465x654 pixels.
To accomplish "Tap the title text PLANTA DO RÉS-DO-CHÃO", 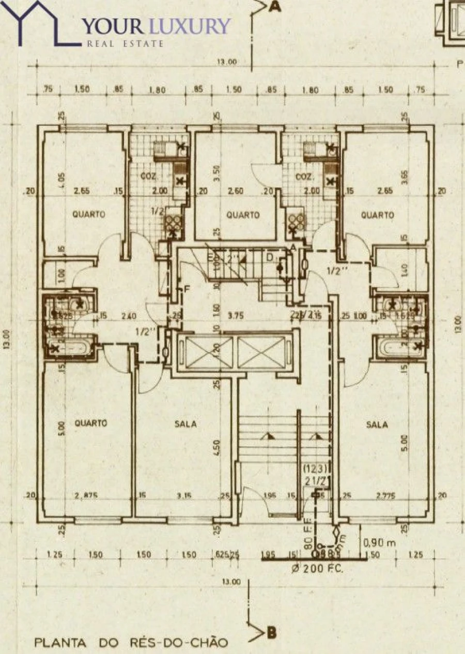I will (131, 643).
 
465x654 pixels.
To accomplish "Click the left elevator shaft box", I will (205, 353).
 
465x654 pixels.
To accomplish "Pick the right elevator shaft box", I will (261, 353).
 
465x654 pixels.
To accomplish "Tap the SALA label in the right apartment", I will (377, 425).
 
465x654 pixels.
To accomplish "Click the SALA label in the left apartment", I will (186, 424).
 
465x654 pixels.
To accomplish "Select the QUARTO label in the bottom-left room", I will (91, 423).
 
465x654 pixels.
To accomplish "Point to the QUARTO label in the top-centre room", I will (243, 215).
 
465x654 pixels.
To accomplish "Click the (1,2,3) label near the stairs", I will (314, 469).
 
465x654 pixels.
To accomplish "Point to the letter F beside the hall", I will (188, 288).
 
